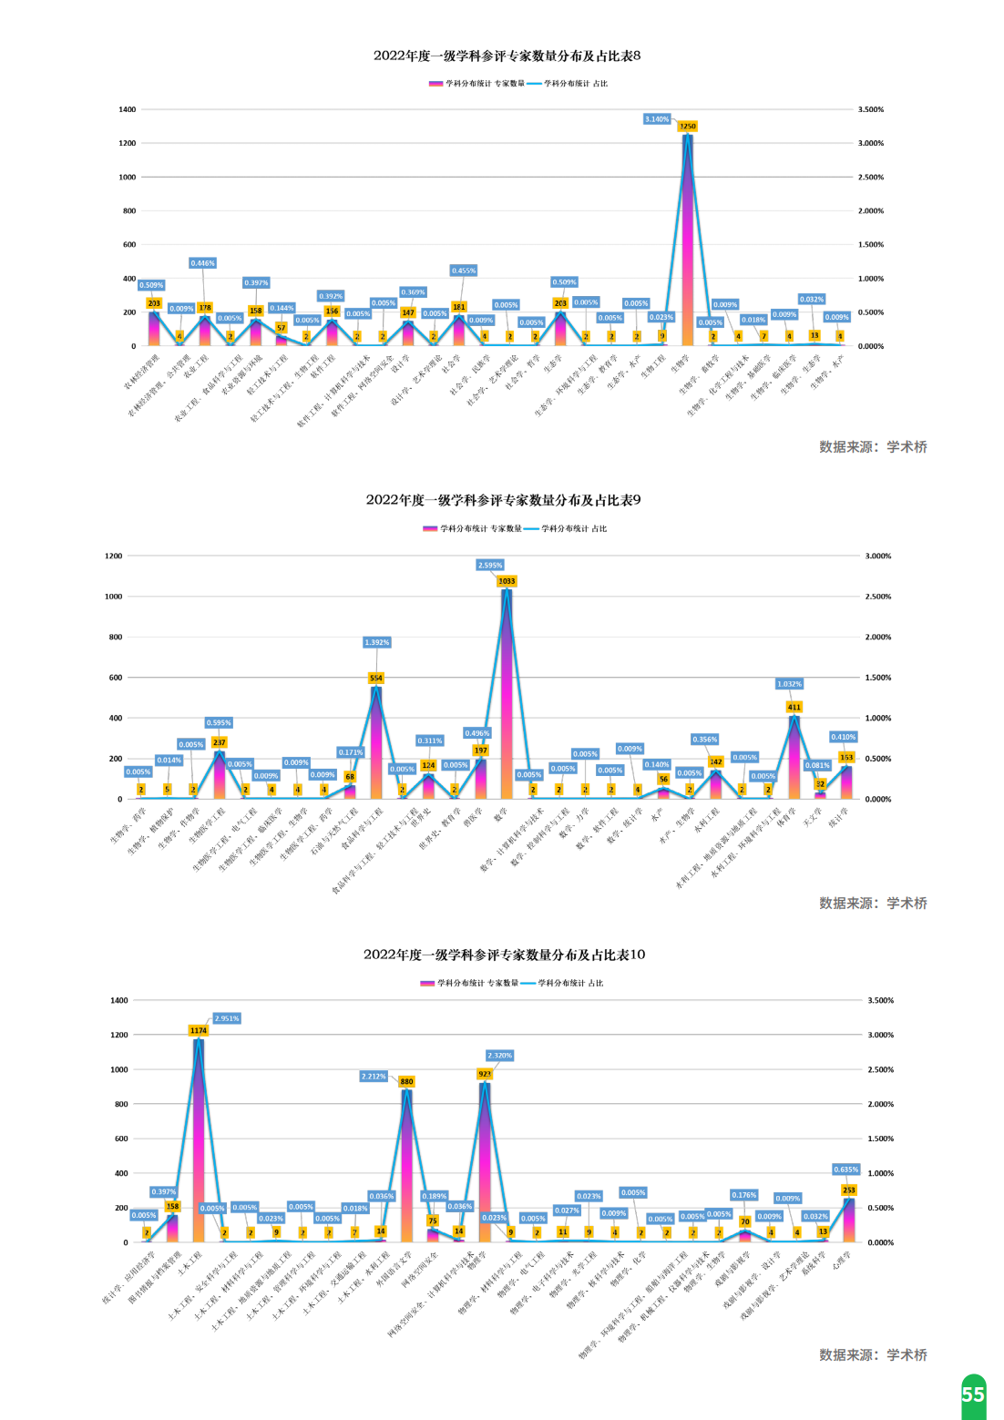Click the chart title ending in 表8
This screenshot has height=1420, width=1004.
[x=507, y=56]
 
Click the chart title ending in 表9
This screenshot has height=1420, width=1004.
[x=503, y=500]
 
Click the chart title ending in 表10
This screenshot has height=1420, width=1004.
[x=504, y=955]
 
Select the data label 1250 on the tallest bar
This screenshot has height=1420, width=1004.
[x=687, y=127]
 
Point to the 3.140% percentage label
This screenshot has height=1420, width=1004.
[x=657, y=119]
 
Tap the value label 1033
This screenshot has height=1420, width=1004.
[x=507, y=581]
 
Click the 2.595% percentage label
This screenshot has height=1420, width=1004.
[x=490, y=566]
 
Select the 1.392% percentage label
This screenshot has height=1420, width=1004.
[x=376, y=642]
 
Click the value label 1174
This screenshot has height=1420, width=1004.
[x=199, y=1031]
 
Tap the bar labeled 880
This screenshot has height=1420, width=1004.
[x=406, y=1166]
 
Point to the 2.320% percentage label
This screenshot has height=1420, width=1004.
[x=499, y=1056]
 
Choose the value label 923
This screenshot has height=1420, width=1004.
[x=485, y=1075]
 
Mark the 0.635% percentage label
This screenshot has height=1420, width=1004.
[x=846, y=1170]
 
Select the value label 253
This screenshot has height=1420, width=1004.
[x=849, y=1190]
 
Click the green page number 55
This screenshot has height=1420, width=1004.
[x=973, y=1394]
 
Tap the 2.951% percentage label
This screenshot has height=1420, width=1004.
[x=227, y=1018]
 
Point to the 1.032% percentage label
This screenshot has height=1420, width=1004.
[x=789, y=684]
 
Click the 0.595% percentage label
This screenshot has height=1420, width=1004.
[x=219, y=723]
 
